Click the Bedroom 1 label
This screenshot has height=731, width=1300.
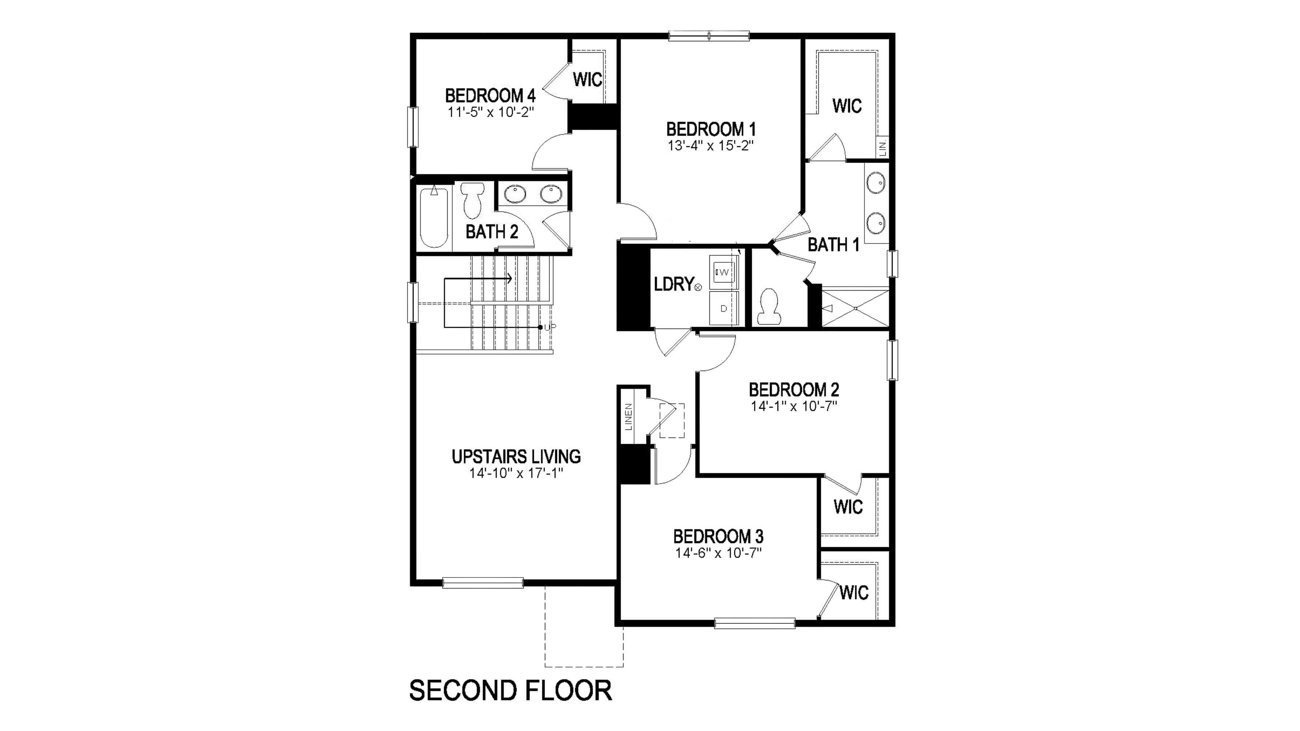pos(711,130)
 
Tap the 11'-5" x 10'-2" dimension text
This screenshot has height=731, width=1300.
pos(490,112)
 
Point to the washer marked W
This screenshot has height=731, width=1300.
pos(724,272)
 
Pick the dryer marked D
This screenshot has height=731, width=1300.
pos(724,308)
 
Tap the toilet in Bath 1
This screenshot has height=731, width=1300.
pos(769,307)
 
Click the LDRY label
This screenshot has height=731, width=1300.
pos(674,284)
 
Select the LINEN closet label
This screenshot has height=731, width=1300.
pos(628,417)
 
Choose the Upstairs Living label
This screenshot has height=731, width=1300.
pos(516,457)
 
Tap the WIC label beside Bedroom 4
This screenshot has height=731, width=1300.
pos(587,80)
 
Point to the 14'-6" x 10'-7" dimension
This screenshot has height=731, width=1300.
pos(718,553)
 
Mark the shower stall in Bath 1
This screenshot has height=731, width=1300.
pos(855,308)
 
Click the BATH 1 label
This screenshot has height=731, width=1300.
pos(833,245)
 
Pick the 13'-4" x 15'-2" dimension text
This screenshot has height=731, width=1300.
pos(711,146)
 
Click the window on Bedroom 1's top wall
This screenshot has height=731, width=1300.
pos(709,36)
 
